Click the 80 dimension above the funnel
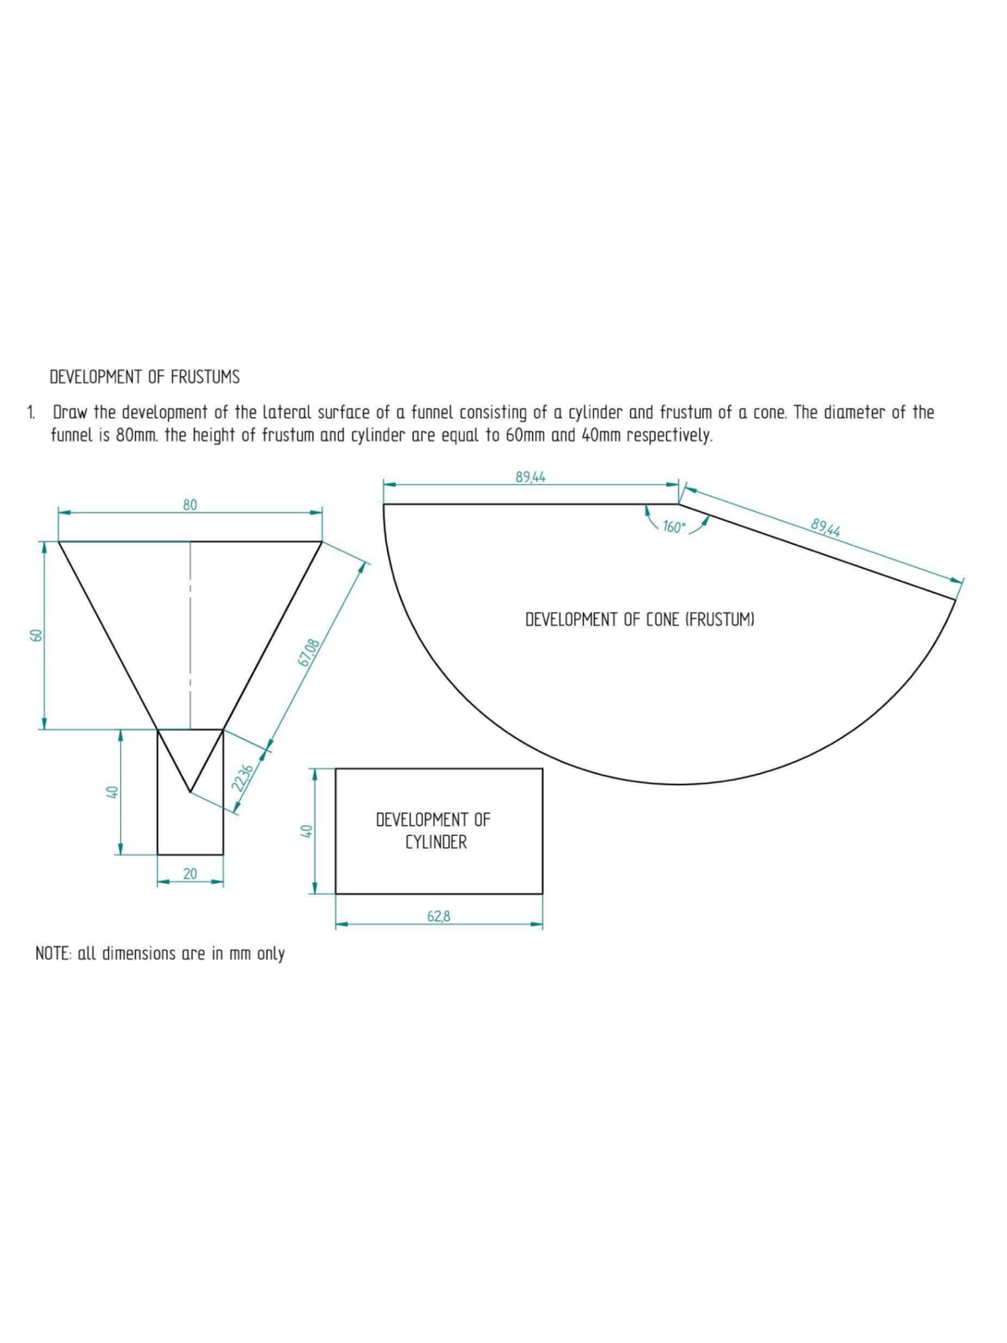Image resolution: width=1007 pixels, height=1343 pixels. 190,504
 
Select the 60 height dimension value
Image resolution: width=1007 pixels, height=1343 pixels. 35,635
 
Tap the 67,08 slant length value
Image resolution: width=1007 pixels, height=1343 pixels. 309,652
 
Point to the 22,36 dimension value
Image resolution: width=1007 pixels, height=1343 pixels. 242,777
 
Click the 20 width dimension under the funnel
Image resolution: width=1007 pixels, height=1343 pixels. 190,874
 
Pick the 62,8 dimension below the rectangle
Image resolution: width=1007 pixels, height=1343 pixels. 438,917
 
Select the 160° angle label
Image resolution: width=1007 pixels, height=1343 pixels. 674,527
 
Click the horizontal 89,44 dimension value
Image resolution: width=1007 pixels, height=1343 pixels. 530,477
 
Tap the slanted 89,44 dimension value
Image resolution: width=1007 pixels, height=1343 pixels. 826,527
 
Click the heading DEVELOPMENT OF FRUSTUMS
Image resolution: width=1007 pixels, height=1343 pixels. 144,377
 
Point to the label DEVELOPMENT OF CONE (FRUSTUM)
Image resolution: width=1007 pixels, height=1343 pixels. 639,619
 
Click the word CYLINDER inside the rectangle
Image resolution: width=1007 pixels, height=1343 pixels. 436,842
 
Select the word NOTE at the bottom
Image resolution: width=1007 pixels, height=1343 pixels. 53,954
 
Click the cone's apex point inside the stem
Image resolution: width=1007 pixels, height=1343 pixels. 190,791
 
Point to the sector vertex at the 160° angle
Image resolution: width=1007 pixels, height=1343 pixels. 679,504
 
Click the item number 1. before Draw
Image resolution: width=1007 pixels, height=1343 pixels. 31,413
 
